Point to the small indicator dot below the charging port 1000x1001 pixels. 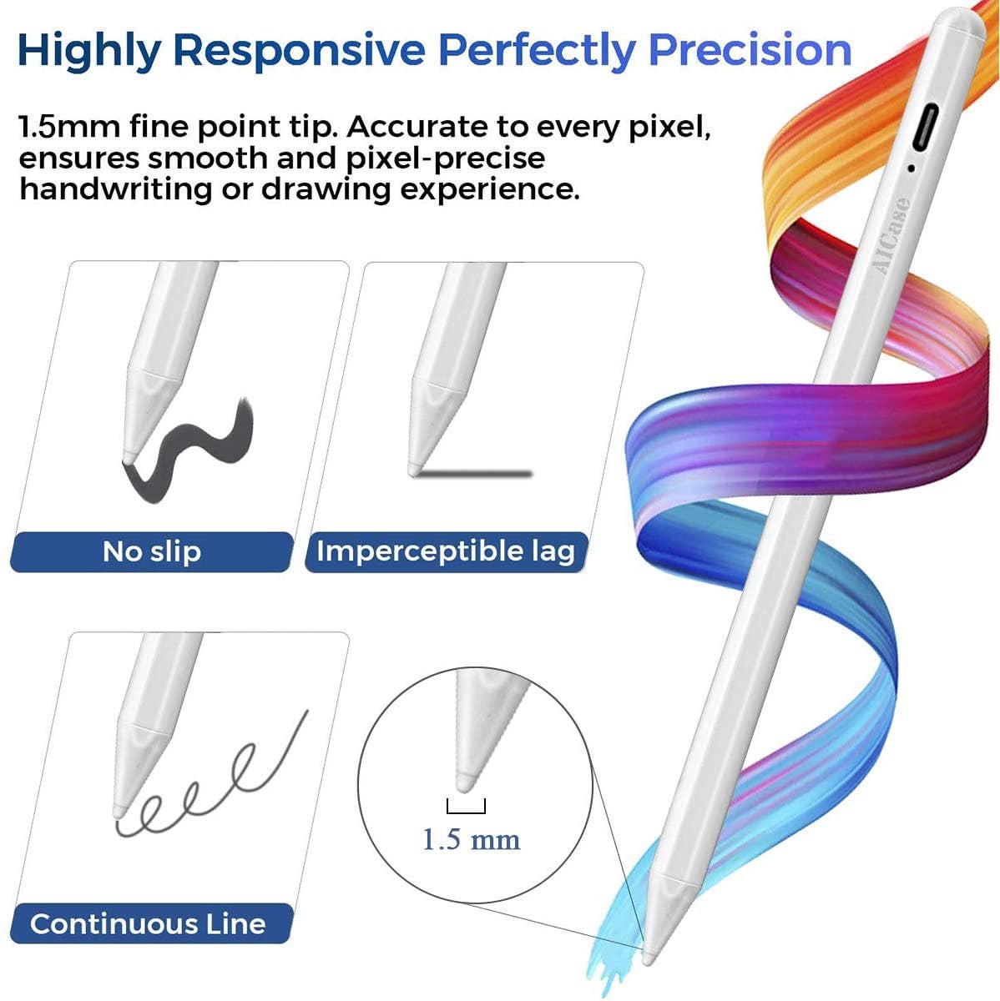[x=912, y=168]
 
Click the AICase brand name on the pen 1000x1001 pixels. [x=891, y=234]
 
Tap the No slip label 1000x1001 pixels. [x=152, y=551]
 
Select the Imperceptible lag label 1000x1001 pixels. [x=446, y=551]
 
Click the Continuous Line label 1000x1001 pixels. [x=148, y=923]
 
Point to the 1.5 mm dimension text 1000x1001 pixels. [x=471, y=838]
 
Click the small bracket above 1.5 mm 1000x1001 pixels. [x=466, y=807]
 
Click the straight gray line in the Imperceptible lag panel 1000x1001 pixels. [x=476, y=474]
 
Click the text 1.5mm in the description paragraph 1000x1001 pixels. [x=68, y=128]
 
